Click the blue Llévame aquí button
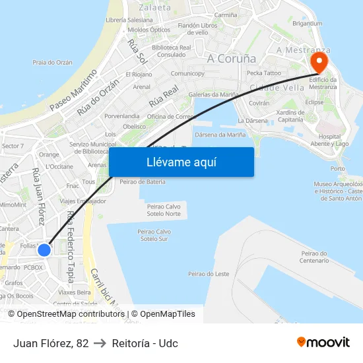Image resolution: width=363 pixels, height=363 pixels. (x=181, y=162)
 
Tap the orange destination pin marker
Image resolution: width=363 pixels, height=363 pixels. (x=319, y=63)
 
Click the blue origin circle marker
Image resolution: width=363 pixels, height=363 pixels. (x=44, y=250)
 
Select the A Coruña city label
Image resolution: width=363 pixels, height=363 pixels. (x=231, y=58)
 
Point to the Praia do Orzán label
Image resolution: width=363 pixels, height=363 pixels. (x=52, y=63)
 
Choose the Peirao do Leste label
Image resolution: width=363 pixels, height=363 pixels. (x=209, y=273)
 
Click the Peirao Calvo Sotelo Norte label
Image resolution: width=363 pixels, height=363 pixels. (x=164, y=210)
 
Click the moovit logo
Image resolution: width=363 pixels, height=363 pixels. (x=323, y=342)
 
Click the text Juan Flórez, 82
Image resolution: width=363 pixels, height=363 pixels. (x=50, y=343)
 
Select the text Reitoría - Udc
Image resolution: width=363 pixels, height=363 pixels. (x=145, y=343)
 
